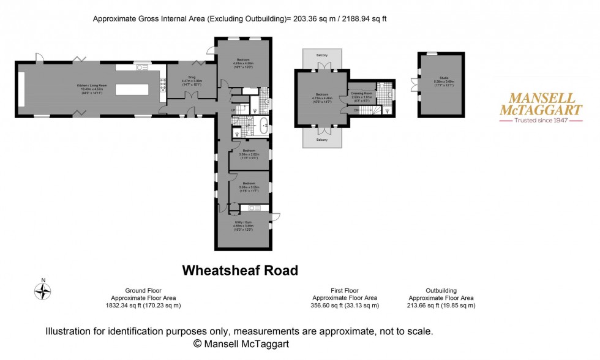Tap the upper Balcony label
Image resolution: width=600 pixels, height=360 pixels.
coord(322,56)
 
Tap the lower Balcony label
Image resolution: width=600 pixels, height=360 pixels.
coord(322,140)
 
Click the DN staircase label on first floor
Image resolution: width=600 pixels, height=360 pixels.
coord(356,110)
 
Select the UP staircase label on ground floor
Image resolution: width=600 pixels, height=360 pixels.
coord(233,110)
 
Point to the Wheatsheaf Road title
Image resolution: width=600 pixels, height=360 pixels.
coord(240,270)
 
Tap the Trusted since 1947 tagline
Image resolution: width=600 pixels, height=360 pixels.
coord(533,121)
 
